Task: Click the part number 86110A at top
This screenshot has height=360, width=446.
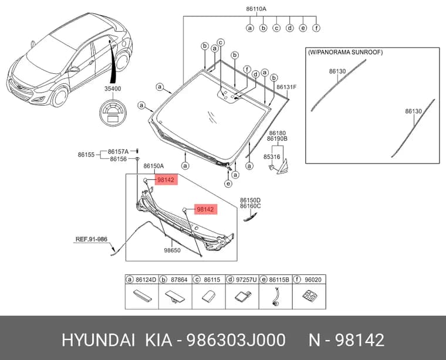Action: click(x=256, y=9)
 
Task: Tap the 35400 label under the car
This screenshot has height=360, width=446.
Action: click(x=113, y=89)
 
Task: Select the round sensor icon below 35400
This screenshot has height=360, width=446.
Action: click(x=113, y=113)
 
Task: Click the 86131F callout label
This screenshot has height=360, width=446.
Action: click(x=286, y=87)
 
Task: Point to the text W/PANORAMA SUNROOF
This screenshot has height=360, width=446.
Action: click(x=345, y=52)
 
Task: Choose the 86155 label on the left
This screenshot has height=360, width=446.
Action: click(x=86, y=155)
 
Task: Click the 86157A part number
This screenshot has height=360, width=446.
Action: click(x=118, y=151)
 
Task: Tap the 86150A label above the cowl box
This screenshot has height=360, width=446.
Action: click(x=154, y=166)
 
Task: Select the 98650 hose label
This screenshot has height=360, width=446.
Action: click(x=172, y=250)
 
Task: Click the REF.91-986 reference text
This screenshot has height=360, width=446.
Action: click(x=92, y=239)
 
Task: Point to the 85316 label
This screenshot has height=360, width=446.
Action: click(x=272, y=157)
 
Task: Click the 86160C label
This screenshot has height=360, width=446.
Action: click(x=251, y=206)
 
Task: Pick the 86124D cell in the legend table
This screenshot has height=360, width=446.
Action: click(x=142, y=292)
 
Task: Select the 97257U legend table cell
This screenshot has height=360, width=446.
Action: click(x=242, y=292)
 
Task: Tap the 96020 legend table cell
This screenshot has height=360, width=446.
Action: click(x=309, y=292)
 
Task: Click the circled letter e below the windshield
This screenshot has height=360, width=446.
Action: click(x=228, y=184)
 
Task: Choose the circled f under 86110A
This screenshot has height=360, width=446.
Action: click(x=316, y=28)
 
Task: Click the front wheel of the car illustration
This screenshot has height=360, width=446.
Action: click(x=60, y=96)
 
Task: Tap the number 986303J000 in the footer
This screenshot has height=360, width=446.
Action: click(x=235, y=340)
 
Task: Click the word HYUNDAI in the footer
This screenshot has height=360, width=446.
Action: click(x=98, y=340)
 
